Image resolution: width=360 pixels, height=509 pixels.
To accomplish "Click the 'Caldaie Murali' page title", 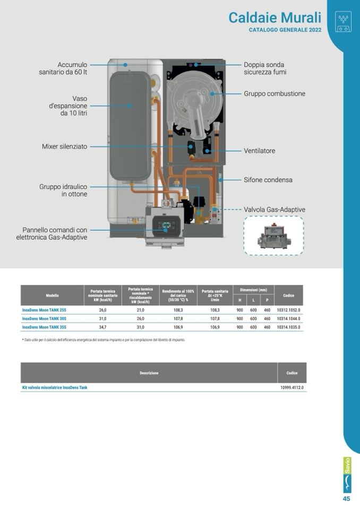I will (x=275, y=17).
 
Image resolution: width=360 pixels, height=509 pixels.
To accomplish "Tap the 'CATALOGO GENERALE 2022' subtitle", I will (x=285, y=30).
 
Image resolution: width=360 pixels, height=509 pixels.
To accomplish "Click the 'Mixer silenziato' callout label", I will (x=64, y=146).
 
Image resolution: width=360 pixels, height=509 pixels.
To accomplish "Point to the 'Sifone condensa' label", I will (x=268, y=180).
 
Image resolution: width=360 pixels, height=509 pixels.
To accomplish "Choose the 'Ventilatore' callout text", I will (x=259, y=151).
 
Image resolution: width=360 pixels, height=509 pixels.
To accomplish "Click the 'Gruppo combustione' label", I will (x=275, y=94).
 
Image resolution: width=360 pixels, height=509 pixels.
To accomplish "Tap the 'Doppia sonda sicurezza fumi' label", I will (x=264, y=68).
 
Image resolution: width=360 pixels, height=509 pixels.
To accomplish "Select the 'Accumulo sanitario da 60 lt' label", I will (x=63, y=68).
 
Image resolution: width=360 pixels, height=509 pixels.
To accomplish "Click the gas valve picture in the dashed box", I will (x=273, y=235).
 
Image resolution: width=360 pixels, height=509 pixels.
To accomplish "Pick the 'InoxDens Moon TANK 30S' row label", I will (x=45, y=319).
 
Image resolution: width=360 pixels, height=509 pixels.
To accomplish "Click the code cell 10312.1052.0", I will (x=288, y=310).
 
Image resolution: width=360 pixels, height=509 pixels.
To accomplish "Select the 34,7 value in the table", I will (x=102, y=327).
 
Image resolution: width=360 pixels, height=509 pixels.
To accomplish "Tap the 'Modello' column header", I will (x=52, y=295).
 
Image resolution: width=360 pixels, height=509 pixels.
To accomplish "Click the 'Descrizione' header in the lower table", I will (x=149, y=373).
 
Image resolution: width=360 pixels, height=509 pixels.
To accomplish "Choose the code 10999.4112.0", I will (x=292, y=388).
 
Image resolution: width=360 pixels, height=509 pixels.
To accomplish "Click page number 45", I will (x=346, y=499).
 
